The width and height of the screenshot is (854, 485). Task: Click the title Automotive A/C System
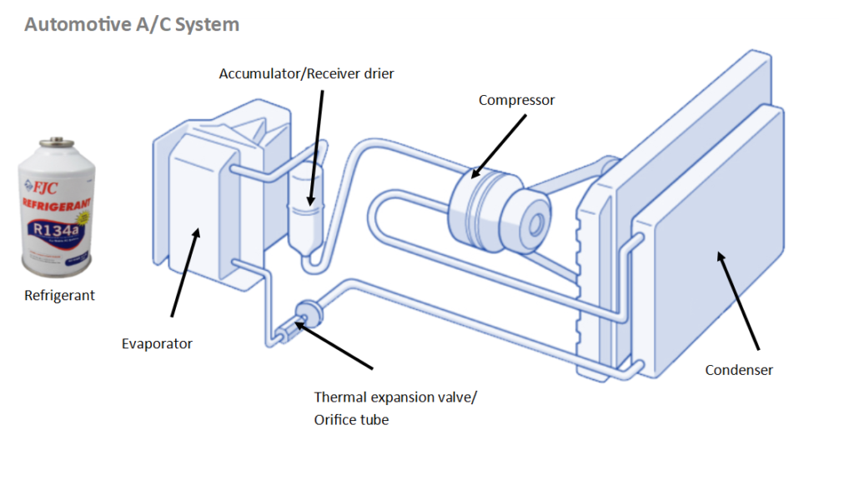pos(132,24)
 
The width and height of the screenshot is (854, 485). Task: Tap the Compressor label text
pos(516,100)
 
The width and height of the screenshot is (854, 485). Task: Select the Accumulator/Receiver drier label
pos(306,74)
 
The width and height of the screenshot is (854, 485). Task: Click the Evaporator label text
pos(157,343)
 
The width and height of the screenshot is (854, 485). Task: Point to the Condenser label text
pos(739,370)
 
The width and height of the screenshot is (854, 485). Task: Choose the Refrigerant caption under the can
pos(59,295)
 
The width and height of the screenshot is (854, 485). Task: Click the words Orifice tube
pos(351,420)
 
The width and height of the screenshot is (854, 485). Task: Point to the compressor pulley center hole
pos(536,222)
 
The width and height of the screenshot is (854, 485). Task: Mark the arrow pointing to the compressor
pos(499,147)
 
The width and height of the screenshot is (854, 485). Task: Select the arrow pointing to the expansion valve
pos(334,343)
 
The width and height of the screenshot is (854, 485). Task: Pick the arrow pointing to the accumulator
pos(316,146)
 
